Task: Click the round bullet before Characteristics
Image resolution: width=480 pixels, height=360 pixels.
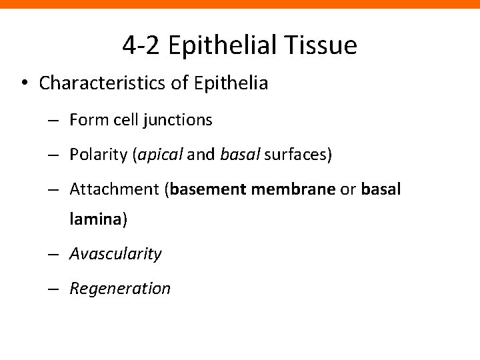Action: [24, 83]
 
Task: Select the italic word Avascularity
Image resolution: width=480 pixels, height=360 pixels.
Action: [115, 253]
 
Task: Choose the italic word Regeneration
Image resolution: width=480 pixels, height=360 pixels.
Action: [120, 288]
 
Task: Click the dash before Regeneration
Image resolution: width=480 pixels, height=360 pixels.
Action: [56, 289]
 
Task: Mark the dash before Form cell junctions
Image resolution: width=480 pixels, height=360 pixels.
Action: [56, 121]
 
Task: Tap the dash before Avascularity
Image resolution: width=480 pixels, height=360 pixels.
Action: [56, 254]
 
